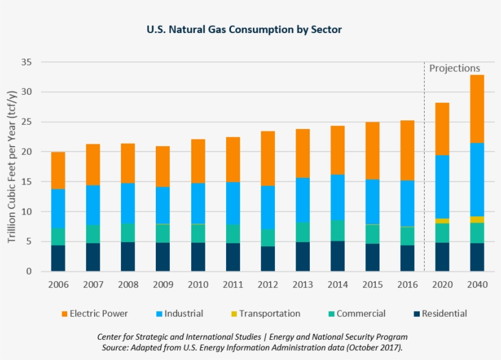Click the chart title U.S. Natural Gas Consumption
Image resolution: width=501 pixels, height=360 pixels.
[244, 29]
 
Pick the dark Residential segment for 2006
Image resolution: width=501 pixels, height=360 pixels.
[58, 258]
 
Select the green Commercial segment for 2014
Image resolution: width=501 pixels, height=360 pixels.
[337, 230]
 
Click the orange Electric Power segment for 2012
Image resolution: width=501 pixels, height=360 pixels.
[268, 158]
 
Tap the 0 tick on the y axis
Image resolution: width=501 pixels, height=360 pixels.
[29, 271]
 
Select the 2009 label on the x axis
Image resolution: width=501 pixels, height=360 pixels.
[163, 285]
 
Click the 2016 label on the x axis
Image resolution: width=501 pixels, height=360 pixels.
[407, 285]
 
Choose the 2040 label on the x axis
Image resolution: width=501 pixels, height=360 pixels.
[477, 285]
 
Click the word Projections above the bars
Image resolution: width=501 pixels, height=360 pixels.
[455, 68]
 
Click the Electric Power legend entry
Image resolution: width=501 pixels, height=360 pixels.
[98, 314]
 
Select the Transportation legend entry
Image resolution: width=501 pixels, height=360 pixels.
[269, 314]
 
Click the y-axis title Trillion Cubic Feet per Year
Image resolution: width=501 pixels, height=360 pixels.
[12, 166]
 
